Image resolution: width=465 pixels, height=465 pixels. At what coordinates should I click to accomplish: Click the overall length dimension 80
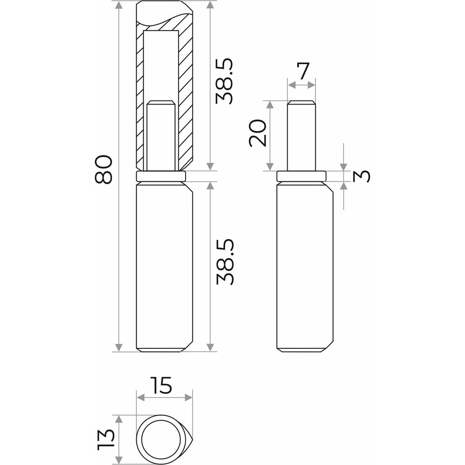(104, 169)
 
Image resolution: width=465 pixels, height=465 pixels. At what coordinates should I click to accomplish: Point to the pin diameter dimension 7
(303, 71)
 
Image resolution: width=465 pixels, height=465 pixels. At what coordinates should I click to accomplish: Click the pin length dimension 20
(258, 133)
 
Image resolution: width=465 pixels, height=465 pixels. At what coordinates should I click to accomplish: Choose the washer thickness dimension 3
(362, 176)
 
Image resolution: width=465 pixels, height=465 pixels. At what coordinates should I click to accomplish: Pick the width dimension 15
(161, 385)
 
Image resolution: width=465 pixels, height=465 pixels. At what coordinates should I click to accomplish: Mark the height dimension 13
(106, 439)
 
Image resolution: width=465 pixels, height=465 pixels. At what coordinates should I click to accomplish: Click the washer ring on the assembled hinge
(161, 176)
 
